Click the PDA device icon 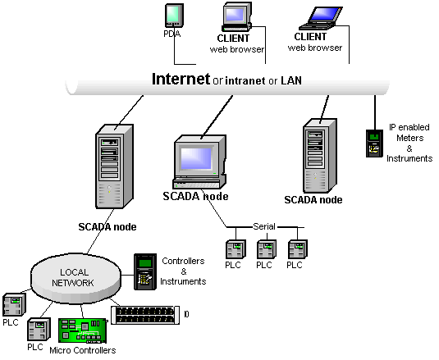(x=174, y=16)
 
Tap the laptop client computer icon (x=321, y=18)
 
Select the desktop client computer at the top (x=237, y=16)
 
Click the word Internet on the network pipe (x=181, y=79)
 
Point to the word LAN (x=291, y=80)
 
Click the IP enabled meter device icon (x=375, y=144)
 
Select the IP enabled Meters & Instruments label (x=409, y=143)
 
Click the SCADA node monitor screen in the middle (x=196, y=158)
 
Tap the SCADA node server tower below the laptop (x=320, y=156)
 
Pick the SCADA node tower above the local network (x=114, y=166)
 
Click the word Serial (x=264, y=226)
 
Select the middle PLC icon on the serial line (x=267, y=249)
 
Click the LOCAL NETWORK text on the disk (x=73, y=277)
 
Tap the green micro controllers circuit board (x=83, y=330)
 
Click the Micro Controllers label (x=83, y=350)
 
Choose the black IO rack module (x=145, y=315)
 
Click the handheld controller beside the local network (x=145, y=271)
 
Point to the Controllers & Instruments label (x=183, y=271)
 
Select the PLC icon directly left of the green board (x=39, y=329)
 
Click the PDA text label (x=171, y=34)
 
